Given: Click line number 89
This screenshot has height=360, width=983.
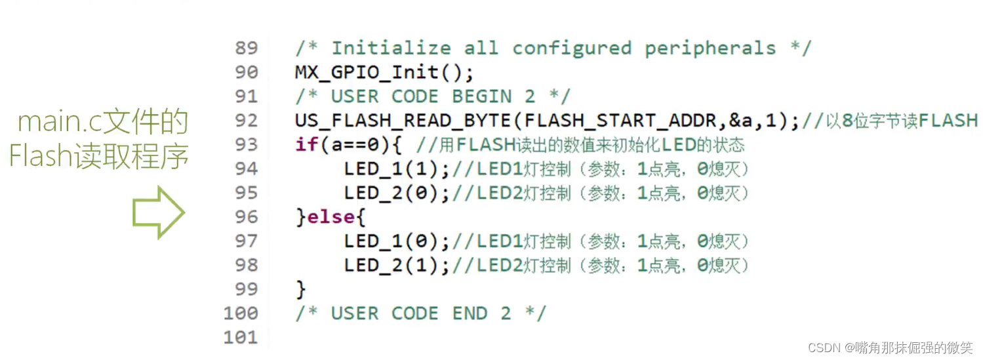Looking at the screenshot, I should (246, 49).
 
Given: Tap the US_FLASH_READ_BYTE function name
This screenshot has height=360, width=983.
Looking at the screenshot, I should (399, 121).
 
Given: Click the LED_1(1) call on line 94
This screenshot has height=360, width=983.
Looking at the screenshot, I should (397, 169).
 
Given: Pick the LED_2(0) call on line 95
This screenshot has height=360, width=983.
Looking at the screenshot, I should (397, 193).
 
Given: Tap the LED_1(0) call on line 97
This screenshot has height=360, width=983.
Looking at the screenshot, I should (397, 241).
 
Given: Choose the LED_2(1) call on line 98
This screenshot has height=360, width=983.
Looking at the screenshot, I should (397, 266).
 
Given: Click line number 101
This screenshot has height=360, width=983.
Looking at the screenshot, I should (240, 338).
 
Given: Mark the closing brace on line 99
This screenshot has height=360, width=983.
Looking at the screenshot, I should (301, 289).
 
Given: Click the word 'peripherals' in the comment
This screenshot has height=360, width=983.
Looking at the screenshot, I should (710, 49).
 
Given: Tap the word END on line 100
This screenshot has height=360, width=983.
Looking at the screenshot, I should (470, 313).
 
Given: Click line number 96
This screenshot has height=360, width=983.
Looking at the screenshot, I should (246, 217).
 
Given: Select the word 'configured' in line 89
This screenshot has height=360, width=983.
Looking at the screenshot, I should (571, 49).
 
